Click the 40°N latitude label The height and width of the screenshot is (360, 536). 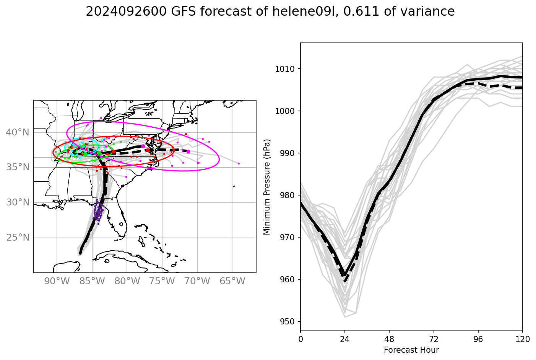point(18,132)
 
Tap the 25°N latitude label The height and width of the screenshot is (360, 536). point(18,238)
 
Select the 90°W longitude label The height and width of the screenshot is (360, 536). point(57,282)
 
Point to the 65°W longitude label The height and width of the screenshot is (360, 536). point(232,282)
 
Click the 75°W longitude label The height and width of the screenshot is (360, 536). point(162,282)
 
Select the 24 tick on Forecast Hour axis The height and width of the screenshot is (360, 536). point(344,339)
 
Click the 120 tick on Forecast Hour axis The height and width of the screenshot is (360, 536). point(522,339)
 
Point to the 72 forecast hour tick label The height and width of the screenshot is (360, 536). point(434,339)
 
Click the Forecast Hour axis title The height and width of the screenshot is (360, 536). point(411,350)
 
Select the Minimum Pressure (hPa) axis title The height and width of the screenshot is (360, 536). point(267,187)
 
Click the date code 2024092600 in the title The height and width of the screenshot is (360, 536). point(126,12)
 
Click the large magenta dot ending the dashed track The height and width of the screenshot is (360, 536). point(188,151)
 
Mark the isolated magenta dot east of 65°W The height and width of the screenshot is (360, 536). point(239,163)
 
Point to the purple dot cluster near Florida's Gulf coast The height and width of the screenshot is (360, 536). point(99,211)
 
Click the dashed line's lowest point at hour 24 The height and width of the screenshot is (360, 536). point(345,281)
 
